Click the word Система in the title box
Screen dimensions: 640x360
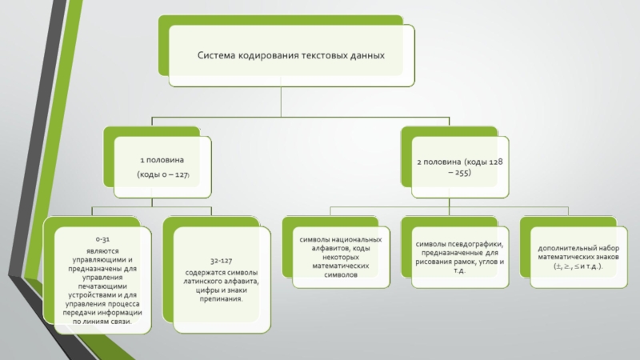point(216,55)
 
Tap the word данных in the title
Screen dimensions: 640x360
point(367,55)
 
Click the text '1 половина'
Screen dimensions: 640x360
point(162,160)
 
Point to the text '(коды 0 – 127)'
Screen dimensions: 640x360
point(163,174)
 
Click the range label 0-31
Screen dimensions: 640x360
point(103,239)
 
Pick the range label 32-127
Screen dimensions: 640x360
point(222,261)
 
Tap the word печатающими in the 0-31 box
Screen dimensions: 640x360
point(102,286)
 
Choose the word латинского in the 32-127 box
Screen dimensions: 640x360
point(204,282)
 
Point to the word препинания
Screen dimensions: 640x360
point(222,298)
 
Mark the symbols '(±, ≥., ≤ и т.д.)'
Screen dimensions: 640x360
point(578,266)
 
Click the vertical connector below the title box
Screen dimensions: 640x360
point(281,102)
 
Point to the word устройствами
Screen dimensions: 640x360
point(88,294)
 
